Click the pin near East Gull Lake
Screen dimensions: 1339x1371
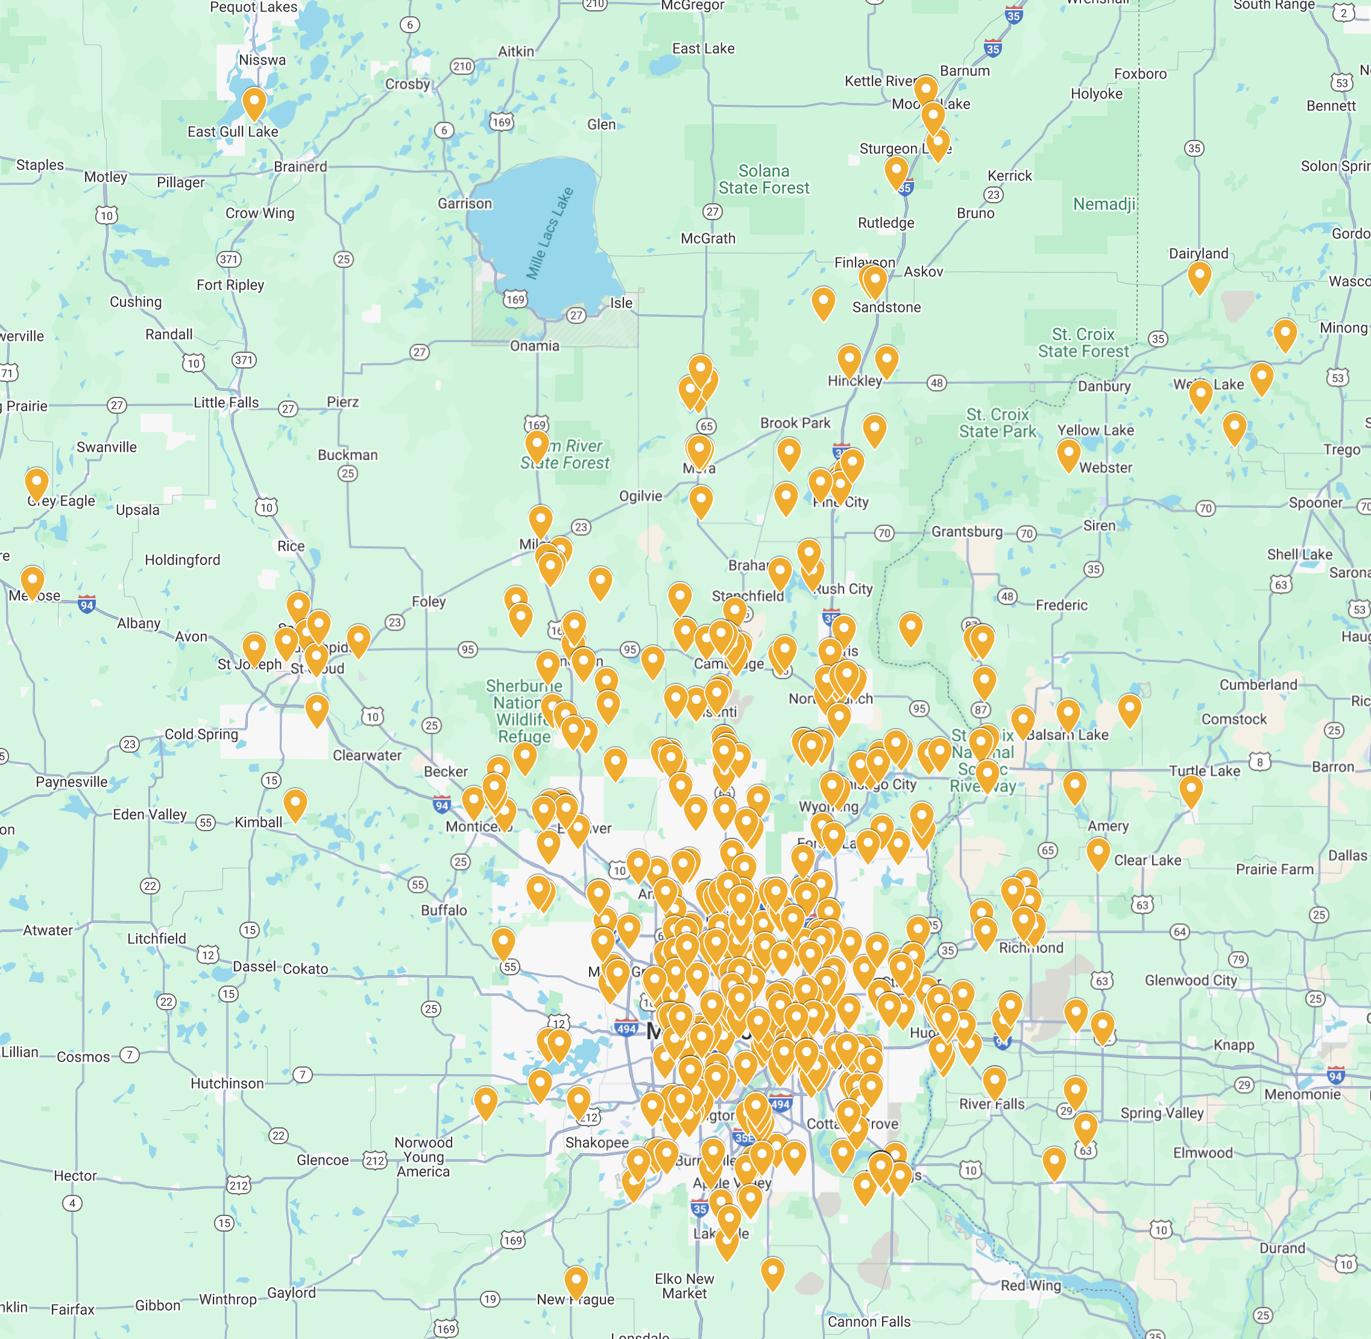(x=254, y=103)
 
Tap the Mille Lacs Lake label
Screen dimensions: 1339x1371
(x=550, y=233)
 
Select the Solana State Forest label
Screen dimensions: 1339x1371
(x=763, y=179)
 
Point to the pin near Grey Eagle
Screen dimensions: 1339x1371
(x=37, y=484)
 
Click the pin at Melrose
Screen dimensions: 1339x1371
(x=33, y=582)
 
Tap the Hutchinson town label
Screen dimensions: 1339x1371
(x=227, y=1084)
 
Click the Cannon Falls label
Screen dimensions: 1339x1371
(x=869, y=1322)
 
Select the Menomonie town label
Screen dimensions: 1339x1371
(x=1302, y=1094)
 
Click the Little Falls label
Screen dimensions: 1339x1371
(x=227, y=402)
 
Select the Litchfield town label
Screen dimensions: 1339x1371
(x=157, y=939)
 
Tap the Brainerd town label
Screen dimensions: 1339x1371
(x=300, y=166)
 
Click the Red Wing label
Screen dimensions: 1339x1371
(x=1031, y=1285)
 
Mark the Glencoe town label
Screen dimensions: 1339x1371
(x=323, y=1160)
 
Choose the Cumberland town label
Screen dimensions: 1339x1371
(x=1258, y=685)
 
